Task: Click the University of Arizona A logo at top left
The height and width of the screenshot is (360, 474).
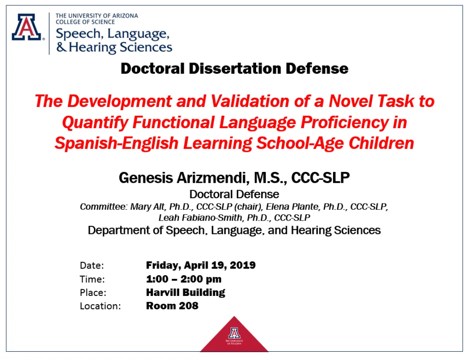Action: click(27, 27)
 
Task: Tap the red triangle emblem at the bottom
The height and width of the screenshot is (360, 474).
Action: click(234, 335)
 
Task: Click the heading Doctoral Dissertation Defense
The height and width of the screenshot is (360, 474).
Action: click(235, 68)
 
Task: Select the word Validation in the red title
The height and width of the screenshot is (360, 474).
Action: click(250, 101)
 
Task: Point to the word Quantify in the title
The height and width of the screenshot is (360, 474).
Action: click(95, 122)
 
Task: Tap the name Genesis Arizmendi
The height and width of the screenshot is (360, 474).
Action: click(184, 178)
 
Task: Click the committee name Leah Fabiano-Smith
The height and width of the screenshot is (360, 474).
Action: click(200, 218)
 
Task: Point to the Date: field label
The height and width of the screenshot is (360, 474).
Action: click(91, 265)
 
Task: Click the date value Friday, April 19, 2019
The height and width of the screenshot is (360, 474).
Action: click(201, 265)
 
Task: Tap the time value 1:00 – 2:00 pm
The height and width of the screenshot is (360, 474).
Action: click(184, 279)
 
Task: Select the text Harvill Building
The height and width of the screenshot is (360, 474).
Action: click(185, 293)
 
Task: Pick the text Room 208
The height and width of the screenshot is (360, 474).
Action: click(172, 306)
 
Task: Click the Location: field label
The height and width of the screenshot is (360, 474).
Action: click(100, 306)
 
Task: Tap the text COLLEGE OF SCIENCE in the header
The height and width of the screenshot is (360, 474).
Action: click(85, 22)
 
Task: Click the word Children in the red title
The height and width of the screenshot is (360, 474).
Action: click(381, 143)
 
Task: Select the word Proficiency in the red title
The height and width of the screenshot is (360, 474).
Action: click(345, 122)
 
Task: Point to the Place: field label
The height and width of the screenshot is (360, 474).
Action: click(93, 293)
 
